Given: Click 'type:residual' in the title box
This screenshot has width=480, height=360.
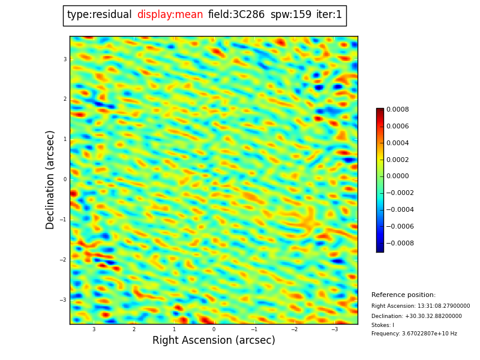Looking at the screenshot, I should (99, 15).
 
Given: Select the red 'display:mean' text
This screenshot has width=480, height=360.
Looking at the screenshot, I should (170, 15).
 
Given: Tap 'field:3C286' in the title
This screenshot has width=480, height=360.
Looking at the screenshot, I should (236, 15).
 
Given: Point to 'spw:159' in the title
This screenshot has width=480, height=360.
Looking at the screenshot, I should (291, 15).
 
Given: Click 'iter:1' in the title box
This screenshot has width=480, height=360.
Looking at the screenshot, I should (329, 15).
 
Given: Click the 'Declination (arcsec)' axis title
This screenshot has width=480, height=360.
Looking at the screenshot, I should (51, 179).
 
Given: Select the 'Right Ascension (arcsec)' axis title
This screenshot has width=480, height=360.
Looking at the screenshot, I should (214, 341).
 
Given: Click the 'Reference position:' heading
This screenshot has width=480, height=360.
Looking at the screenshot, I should (403, 295).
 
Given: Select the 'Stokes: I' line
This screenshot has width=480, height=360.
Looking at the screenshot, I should (383, 325).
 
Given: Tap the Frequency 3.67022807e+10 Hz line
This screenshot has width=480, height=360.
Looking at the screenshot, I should (414, 334).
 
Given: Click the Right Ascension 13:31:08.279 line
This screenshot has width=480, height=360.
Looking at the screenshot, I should (421, 306).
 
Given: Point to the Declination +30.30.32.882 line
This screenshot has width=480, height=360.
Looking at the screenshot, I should (416, 316).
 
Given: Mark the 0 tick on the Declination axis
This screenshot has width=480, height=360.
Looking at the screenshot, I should (65, 179).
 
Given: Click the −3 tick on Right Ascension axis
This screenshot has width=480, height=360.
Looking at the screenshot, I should (335, 329).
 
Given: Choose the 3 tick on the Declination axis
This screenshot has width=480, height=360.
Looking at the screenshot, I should (65, 59).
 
